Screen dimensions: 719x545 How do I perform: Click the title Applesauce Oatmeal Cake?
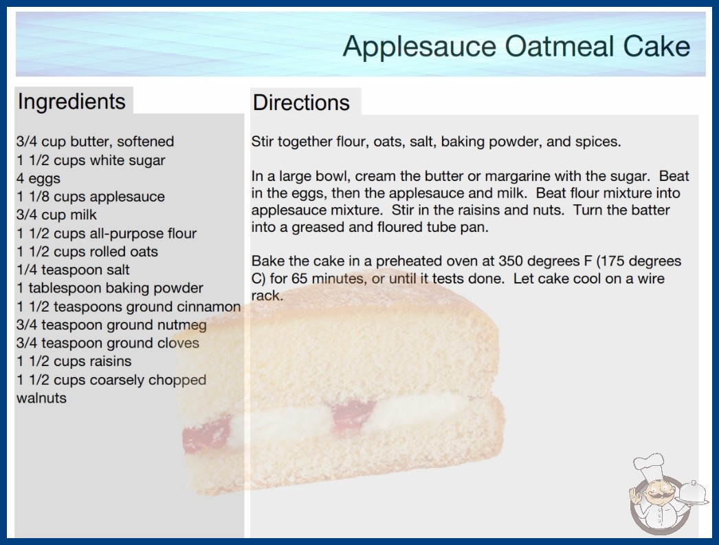[x=516, y=46]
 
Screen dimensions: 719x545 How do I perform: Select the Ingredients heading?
[x=71, y=102]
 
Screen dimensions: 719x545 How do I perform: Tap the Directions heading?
[x=301, y=103]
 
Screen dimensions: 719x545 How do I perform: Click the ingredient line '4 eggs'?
[x=38, y=178]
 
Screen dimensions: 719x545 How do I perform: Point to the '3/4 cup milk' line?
[x=57, y=215]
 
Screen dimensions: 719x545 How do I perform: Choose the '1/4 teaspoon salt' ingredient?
[x=73, y=270]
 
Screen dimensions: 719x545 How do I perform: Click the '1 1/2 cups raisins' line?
[x=74, y=361]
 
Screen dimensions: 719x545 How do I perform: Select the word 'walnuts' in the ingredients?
[x=42, y=398]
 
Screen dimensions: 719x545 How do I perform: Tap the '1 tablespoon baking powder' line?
[x=109, y=288]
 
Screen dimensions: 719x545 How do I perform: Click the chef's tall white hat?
[x=649, y=464]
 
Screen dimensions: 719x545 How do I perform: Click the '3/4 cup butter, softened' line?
[x=96, y=142]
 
